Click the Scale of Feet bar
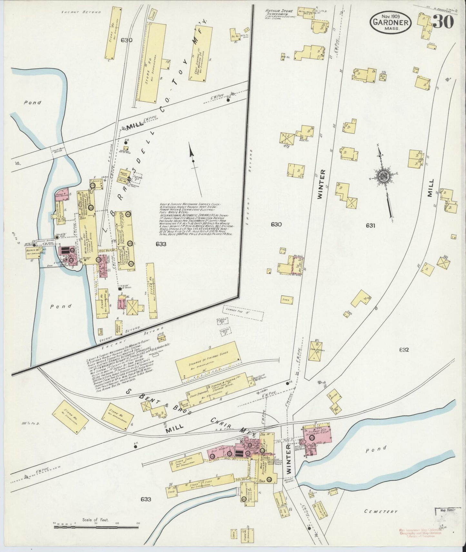(97, 527)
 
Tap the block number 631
(371, 226)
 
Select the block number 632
(403, 349)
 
